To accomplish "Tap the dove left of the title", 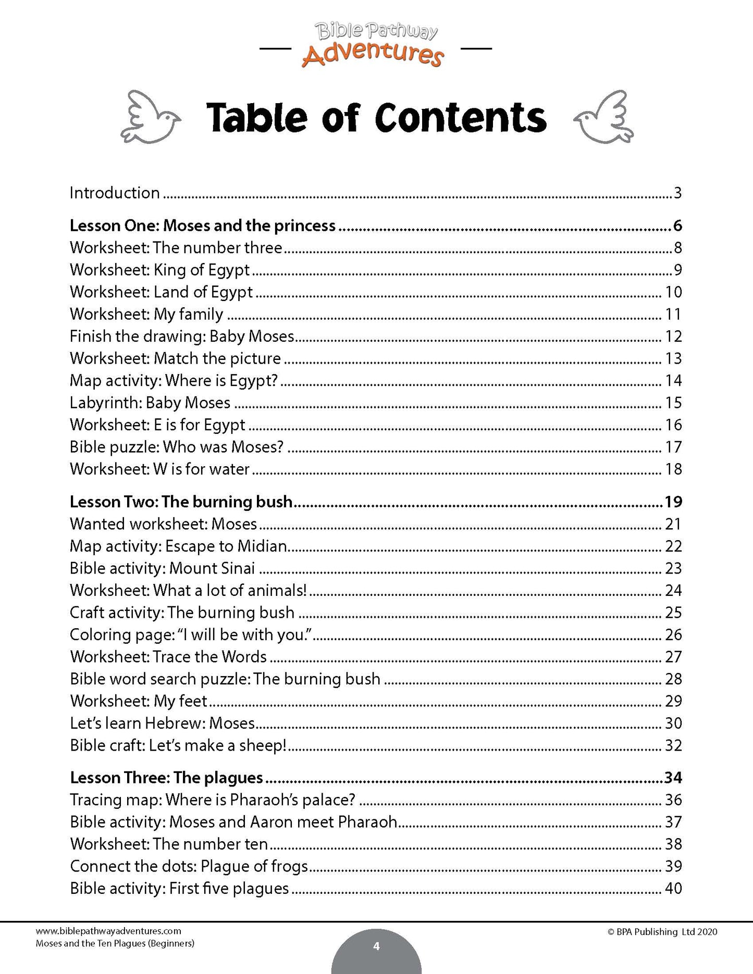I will [x=150, y=117].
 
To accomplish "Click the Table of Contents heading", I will [x=376, y=118].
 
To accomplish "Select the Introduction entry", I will [x=115, y=193].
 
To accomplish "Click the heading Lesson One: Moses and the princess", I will [x=203, y=226].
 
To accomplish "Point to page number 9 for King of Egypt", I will [x=677, y=270].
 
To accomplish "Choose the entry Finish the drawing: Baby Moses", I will [x=182, y=336].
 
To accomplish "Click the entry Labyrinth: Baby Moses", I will [x=150, y=403].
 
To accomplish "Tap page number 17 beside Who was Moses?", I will [x=673, y=447].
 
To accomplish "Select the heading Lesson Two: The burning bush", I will [x=181, y=502].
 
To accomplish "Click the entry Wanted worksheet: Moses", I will [x=163, y=524].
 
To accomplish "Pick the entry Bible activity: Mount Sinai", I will [x=162, y=568].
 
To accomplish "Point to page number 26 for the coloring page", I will [x=673, y=634].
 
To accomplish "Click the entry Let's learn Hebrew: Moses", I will [x=162, y=723].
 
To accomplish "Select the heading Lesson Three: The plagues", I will [x=166, y=778].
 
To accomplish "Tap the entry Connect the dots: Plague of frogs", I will [x=189, y=866].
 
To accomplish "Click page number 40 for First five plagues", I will [x=673, y=888].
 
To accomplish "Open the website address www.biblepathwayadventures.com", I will [x=108, y=931].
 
